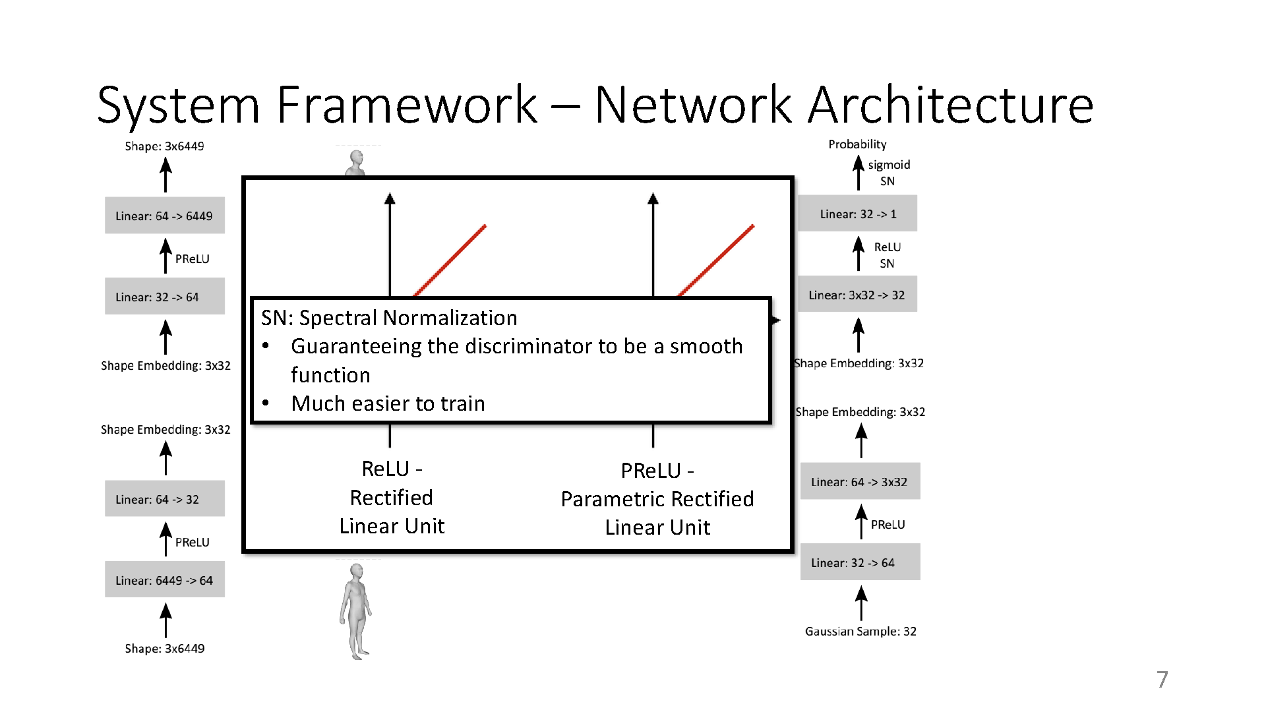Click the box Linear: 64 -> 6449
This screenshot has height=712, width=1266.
(164, 216)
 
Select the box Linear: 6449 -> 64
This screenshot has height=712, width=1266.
(164, 579)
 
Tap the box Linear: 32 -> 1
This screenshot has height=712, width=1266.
(857, 214)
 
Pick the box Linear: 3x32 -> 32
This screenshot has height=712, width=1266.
(857, 295)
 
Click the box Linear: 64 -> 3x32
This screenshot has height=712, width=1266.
(860, 481)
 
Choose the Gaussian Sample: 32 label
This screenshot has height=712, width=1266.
(860, 631)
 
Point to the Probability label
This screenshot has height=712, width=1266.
(857, 144)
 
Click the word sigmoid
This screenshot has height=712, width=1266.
(889, 164)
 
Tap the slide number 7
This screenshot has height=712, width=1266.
(1162, 679)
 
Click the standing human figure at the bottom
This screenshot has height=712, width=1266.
(356, 610)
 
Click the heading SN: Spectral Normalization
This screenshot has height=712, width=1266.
(389, 318)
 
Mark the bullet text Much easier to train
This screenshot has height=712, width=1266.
(388, 403)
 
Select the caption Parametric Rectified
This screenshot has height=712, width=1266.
(657, 498)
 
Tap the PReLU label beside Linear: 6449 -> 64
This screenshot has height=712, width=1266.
(192, 542)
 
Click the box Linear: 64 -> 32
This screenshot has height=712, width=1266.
(164, 498)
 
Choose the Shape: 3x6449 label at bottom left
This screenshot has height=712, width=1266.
(164, 648)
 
